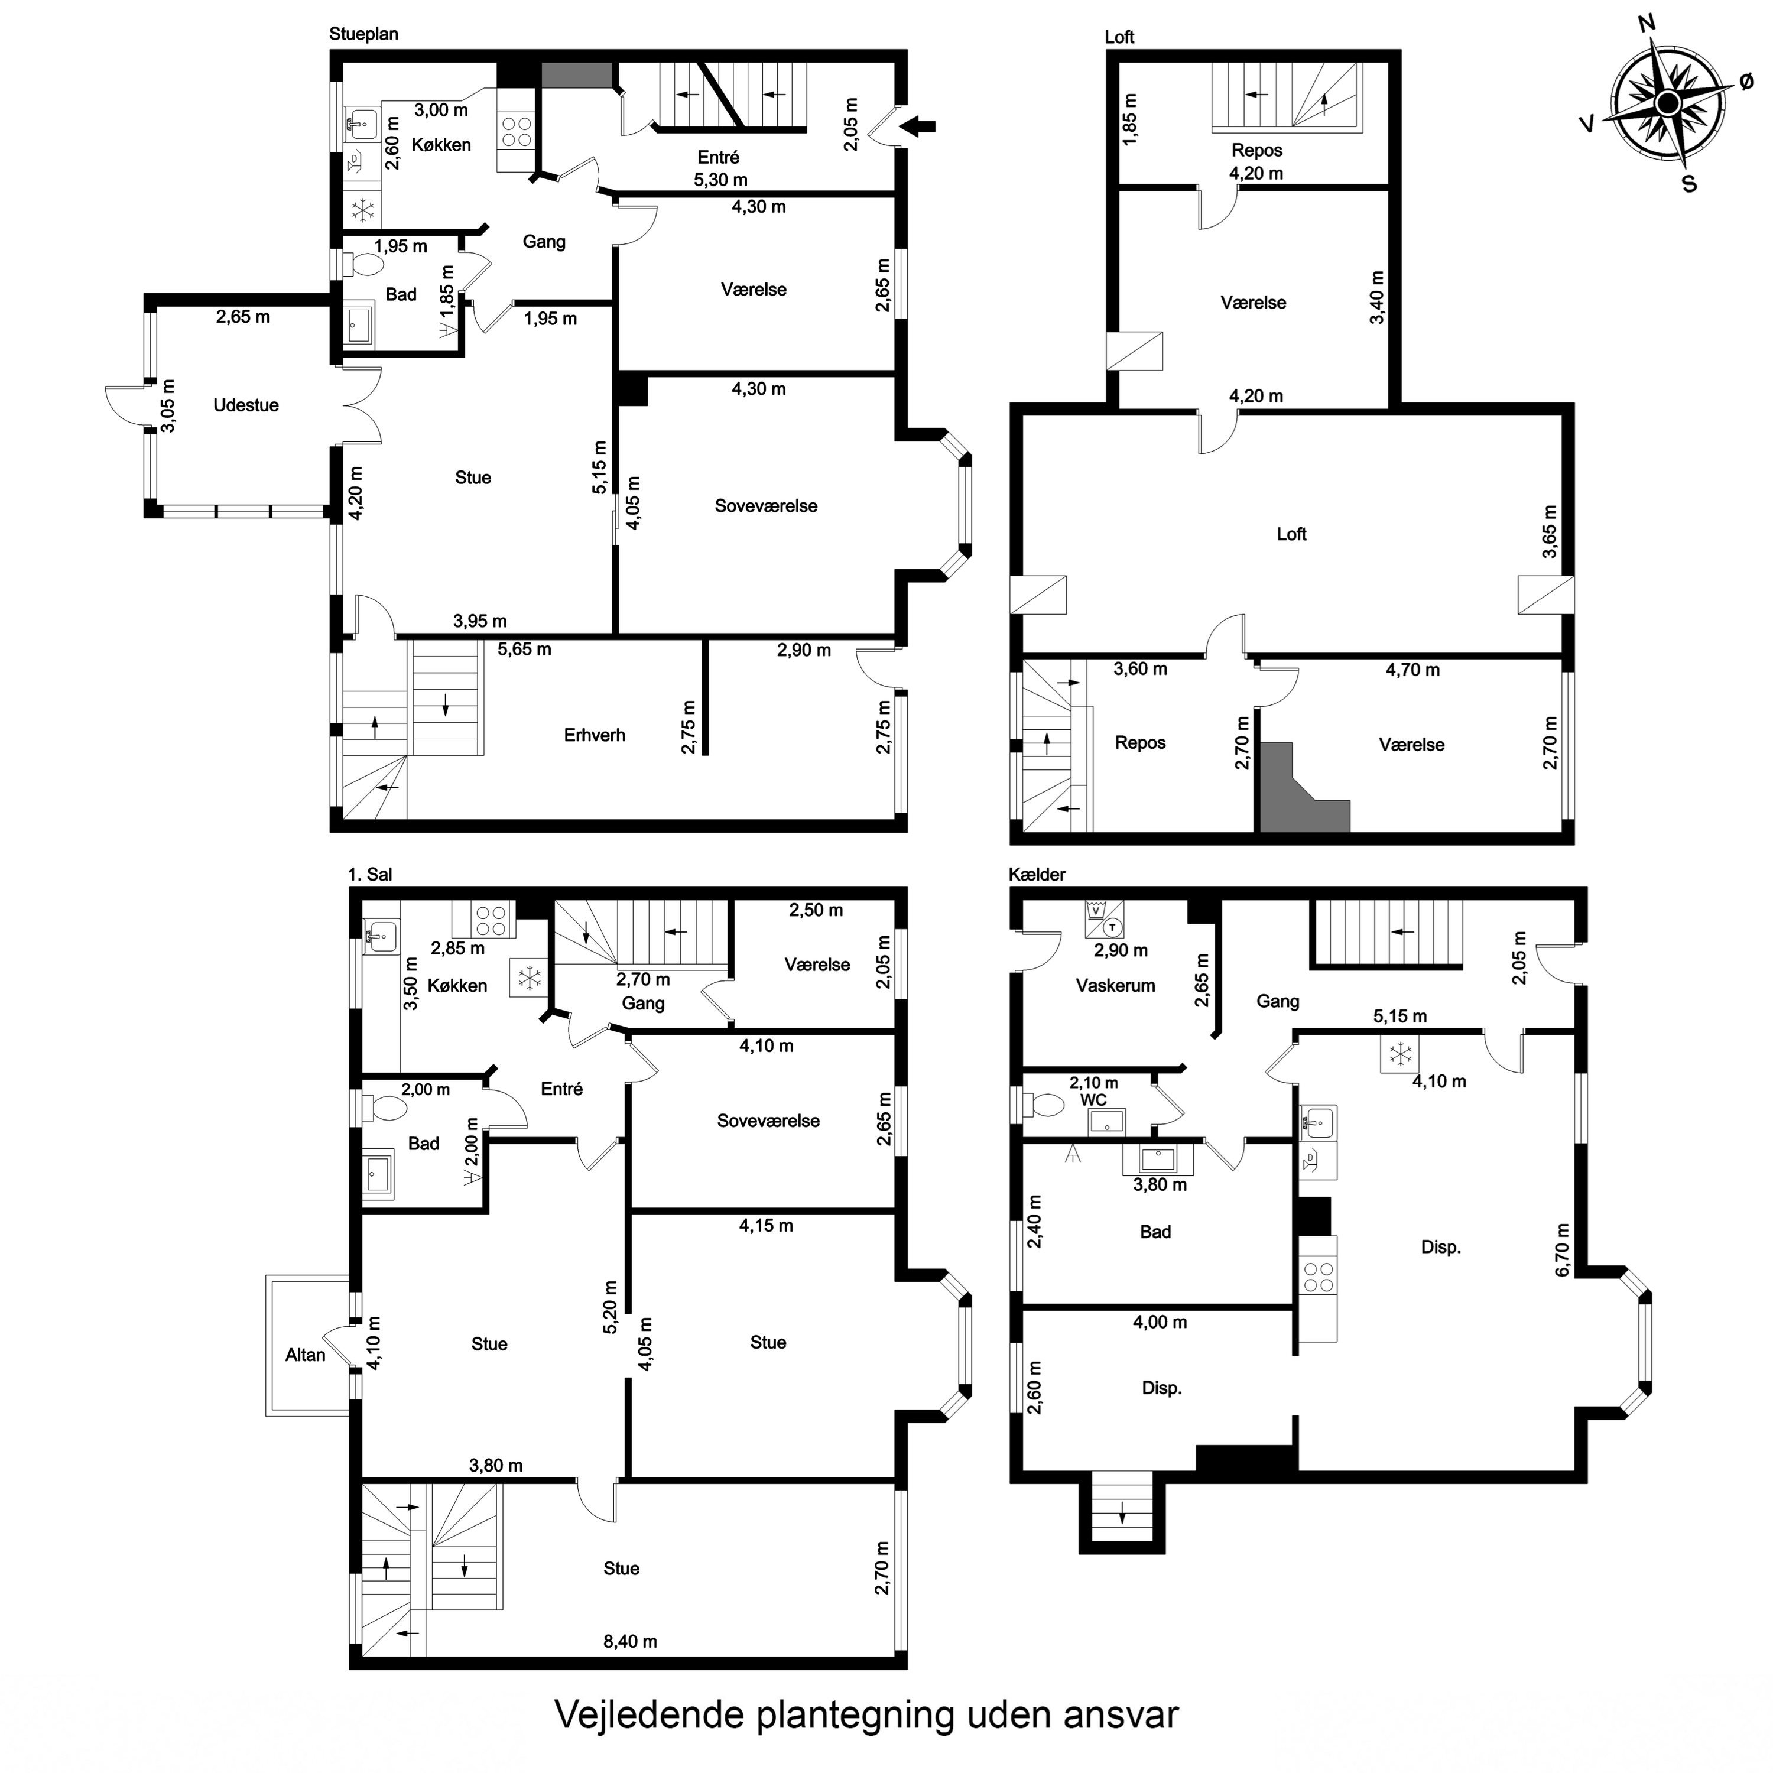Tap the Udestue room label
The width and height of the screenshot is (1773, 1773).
click(246, 405)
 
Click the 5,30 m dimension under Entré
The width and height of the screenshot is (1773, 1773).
click(720, 180)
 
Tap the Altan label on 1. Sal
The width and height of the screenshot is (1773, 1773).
click(306, 1355)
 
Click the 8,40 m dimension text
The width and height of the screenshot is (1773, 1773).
click(631, 1641)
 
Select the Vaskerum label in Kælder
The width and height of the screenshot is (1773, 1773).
click(1116, 986)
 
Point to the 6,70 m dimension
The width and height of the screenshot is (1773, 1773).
click(1563, 1250)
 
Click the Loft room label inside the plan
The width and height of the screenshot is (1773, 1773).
click(1291, 534)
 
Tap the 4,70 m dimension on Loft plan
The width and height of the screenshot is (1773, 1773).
click(1412, 670)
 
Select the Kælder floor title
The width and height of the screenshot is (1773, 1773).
click(1037, 875)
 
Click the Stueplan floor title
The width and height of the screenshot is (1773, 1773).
click(363, 34)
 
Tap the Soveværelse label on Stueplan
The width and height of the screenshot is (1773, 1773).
click(767, 506)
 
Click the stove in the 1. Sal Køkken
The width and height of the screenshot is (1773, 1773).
click(491, 920)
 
